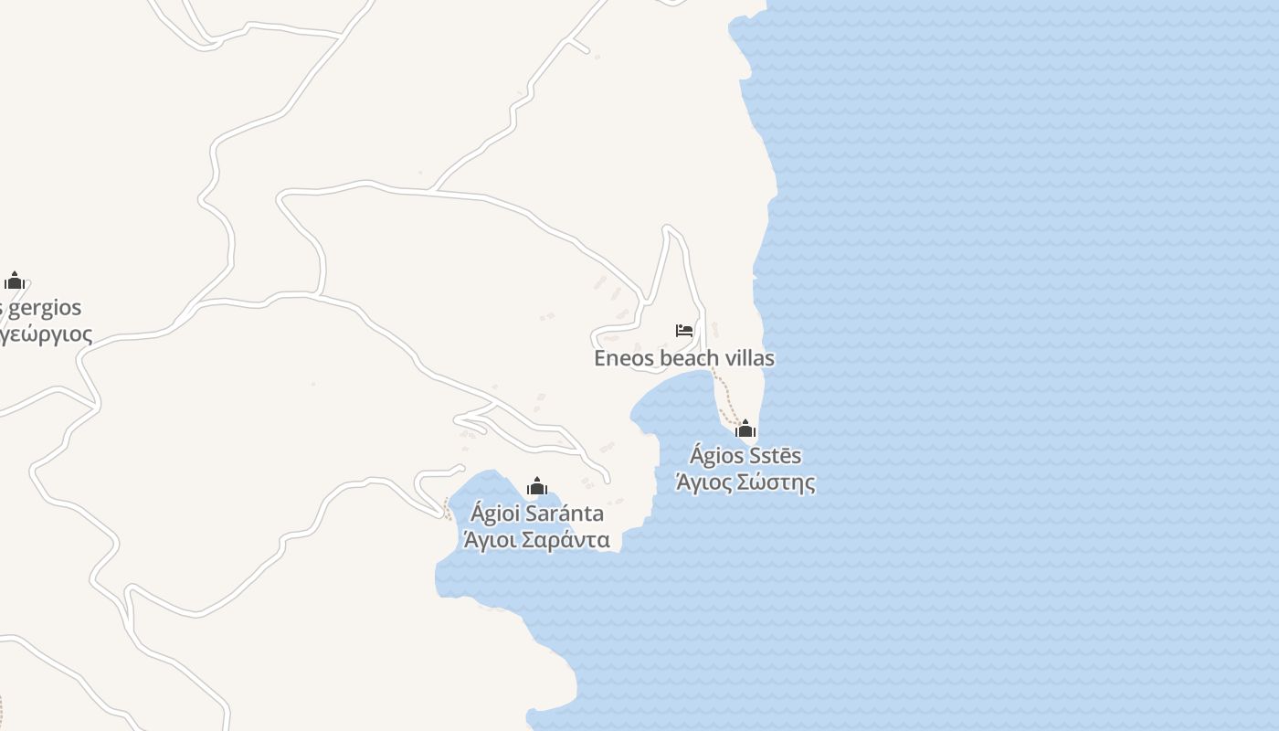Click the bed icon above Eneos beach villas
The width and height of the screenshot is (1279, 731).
click(x=684, y=331)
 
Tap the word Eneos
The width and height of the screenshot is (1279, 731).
click(x=624, y=358)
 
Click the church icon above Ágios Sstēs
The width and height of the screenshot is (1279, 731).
click(x=745, y=429)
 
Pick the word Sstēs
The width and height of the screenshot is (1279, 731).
click(x=775, y=455)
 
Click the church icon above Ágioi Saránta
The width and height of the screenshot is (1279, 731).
click(x=537, y=486)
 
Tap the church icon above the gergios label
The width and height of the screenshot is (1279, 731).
click(x=14, y=281)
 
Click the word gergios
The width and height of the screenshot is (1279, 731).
click(x=45, y=307)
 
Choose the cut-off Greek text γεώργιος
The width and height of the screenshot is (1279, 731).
click(x=46, y=334)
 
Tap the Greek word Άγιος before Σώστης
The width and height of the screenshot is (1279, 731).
click(x=699, y=482)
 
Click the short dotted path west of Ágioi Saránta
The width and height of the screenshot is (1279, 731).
click(x=447, y=508)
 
